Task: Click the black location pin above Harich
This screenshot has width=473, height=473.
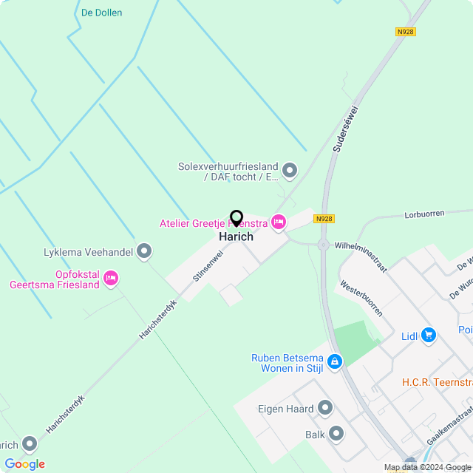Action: pos(236,218)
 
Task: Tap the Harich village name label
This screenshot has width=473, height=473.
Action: pos(236,236)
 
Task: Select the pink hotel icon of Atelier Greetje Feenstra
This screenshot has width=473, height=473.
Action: pos(279,222)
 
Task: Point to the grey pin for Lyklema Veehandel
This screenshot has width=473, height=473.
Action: pos(145,252)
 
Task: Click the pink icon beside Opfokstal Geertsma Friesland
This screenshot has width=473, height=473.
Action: pos(111,279)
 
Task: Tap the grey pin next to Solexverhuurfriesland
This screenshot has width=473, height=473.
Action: pos(290,171)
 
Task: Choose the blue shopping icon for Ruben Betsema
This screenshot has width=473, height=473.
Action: pos(336,361)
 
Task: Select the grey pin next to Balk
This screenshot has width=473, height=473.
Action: pos(336,434)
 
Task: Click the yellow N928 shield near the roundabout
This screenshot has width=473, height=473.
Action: pos(323,219)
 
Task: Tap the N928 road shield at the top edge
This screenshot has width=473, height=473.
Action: pos(405,32)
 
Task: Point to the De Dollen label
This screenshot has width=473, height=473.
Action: pos(101,13)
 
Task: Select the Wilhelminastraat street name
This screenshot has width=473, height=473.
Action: pos(360,256)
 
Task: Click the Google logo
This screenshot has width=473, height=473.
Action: pos(25,463)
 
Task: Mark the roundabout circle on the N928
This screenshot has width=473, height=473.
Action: pos(323,245)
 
